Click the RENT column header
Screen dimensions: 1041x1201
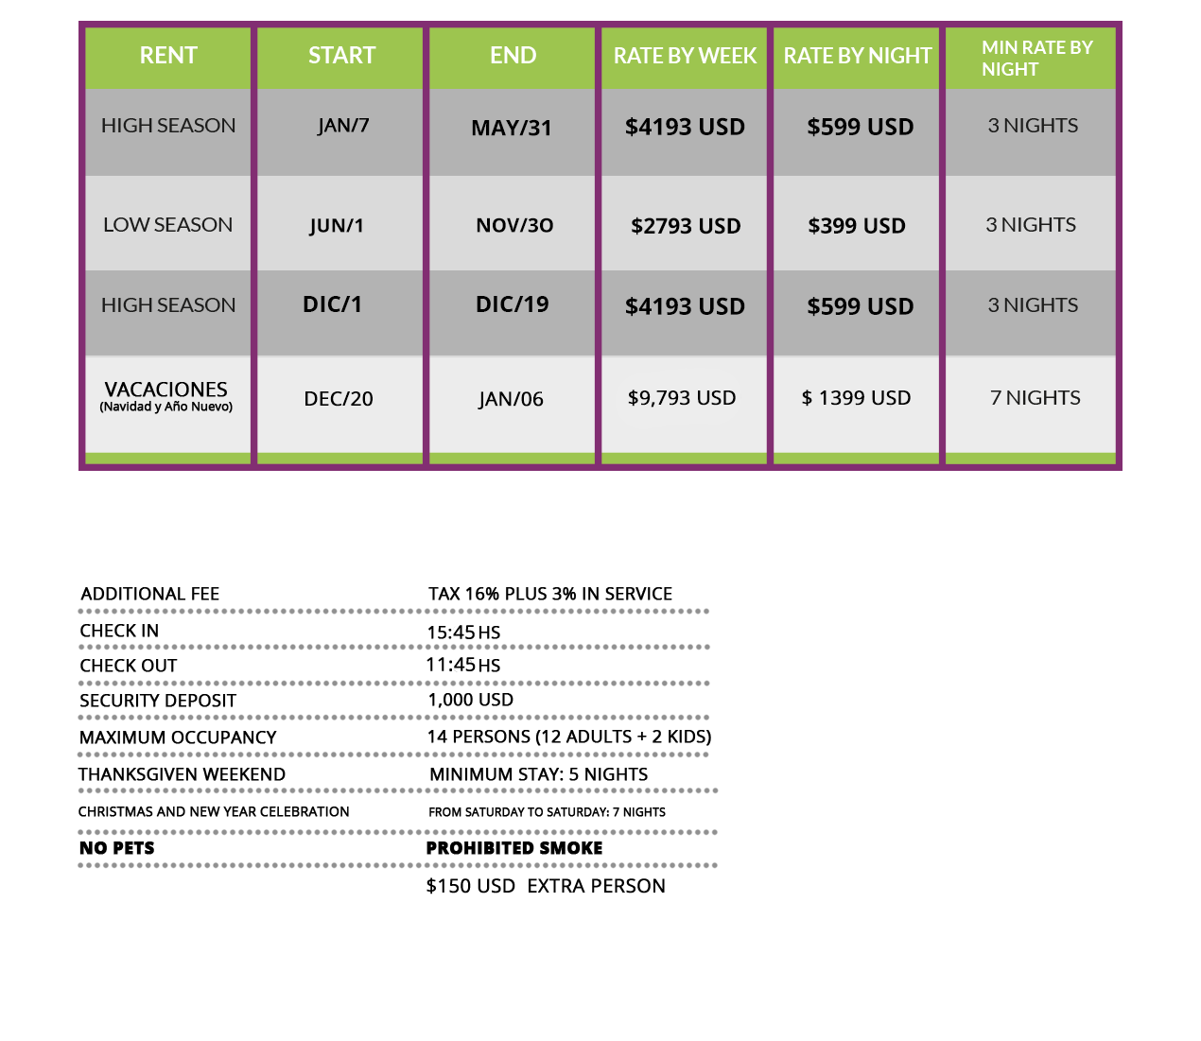coord(168,56)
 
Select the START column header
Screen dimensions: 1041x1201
coord(341,56)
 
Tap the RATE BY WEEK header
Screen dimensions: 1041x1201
coord(685,57)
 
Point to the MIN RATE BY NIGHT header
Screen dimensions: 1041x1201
coord(1036,58)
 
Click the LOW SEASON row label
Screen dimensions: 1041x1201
coord(167,225)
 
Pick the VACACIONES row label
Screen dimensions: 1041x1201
coord(166,395)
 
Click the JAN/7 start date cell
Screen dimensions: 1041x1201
coord(343,126)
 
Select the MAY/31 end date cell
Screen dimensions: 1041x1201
coord(512,128)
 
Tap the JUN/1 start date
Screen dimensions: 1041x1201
coord(337,226)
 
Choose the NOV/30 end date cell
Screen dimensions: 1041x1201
coord(514,226)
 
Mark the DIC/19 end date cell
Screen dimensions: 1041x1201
coord(513,304)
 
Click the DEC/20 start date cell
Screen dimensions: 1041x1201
coord(339,399)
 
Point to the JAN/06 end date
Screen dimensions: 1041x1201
coord(511,399)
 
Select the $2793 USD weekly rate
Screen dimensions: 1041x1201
coord(686,226)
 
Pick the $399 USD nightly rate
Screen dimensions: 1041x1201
coord(857,226)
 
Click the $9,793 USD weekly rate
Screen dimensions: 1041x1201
coord(682,398)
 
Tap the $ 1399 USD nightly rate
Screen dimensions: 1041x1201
coord(856,398)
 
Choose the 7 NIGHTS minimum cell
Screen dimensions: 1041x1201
coord(1036,398)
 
